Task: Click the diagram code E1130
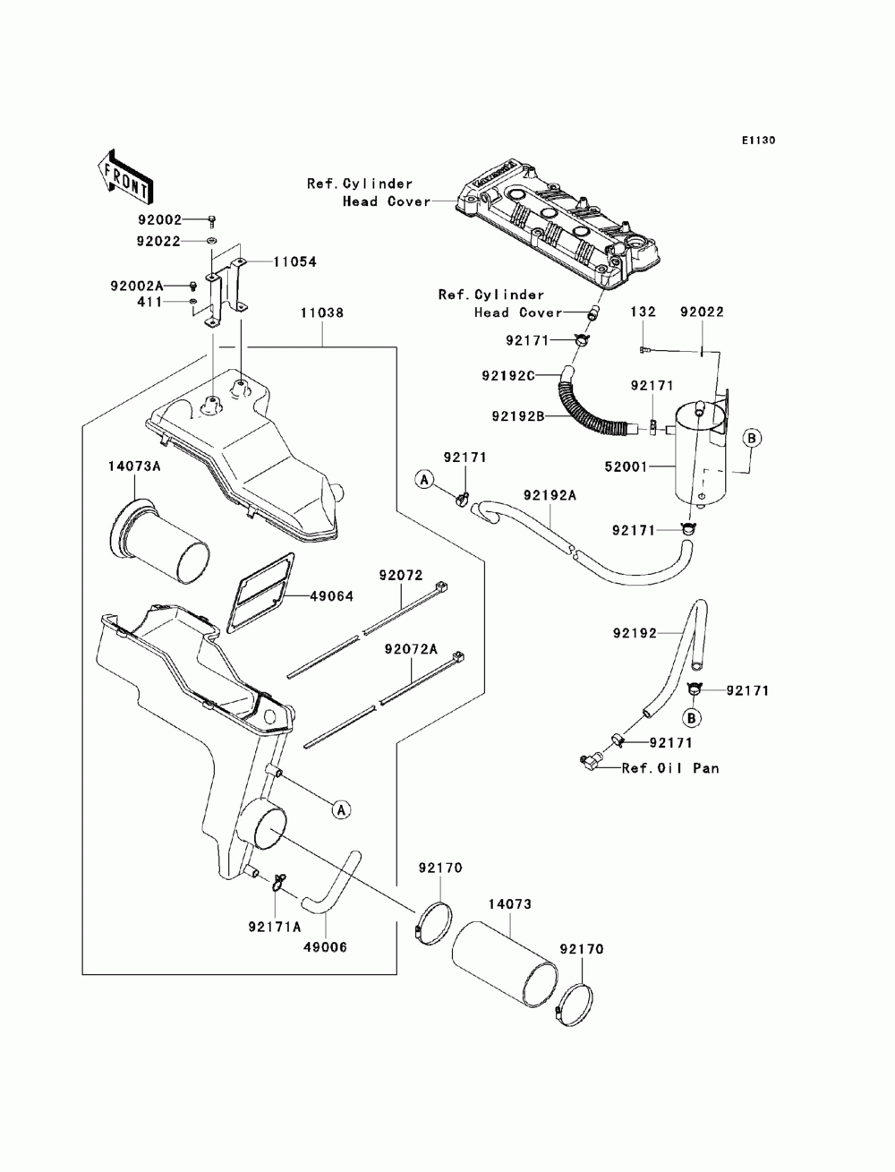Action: point(757,141)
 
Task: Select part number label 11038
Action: point(322,312)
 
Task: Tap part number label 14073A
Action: point(134,466)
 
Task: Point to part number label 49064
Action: point(331,596)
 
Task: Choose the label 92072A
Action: point(411,649)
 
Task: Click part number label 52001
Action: point(626,466)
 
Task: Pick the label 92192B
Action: point(517,415)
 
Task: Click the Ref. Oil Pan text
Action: point(671,768)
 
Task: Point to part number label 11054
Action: point(295,261)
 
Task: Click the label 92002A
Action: point(137,286)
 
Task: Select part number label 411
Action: point(150,302)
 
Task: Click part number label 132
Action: point(644,312)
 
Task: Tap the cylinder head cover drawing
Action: point(558,226)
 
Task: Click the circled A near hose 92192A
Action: point(424,480)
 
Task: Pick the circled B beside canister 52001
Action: point(752,439)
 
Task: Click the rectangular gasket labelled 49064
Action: point(261,593)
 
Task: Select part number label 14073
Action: point(510,904)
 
